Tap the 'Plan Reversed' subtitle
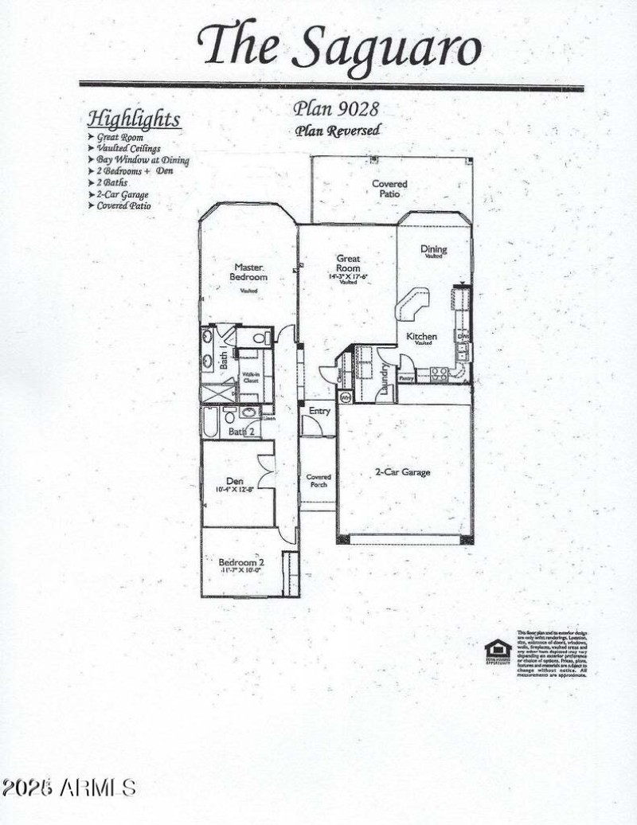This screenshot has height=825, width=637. [338, 131]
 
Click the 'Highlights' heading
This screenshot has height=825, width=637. [134, 119]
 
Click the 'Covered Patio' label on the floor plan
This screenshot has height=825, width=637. [389, 189]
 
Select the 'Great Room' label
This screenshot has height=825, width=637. [348, 264]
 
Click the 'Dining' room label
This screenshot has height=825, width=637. [434, 249]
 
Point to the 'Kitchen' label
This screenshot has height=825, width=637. [422, 337]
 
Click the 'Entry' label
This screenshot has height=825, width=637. [319, 411]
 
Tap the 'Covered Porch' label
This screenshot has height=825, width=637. [318, 480]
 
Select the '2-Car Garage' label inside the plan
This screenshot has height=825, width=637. [402, 472]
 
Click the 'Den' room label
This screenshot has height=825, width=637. [234, 481]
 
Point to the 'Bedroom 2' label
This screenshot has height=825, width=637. [241, 562]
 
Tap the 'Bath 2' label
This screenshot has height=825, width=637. [240, 431]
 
